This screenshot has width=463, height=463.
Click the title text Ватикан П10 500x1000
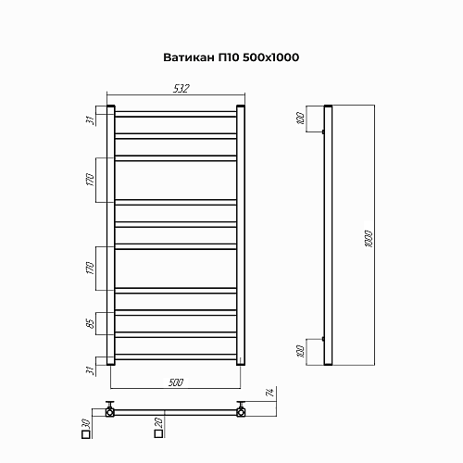pyautogui.click(x=231, y=57)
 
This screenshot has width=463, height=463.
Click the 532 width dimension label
pyautogui.click(x=181, y=89)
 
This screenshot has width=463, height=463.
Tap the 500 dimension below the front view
pyautogui.click(x=176, y=382)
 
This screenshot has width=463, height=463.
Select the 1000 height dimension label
pyautogui.click(x=369, y=239)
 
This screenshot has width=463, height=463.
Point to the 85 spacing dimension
pyautogui.click(x=91, y=323)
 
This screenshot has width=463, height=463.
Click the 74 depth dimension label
pyautogui.click(x=270, y=393)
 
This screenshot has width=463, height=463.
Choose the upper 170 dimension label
pyautogui.click(x=90, y=180)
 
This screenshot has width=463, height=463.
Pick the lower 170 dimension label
pyautogui.click(x=90, y=268)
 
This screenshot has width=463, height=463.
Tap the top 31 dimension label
pyautogui.click(x=90, y=120)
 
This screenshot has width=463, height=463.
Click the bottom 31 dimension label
pyautogui.click(x=90, y=370)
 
